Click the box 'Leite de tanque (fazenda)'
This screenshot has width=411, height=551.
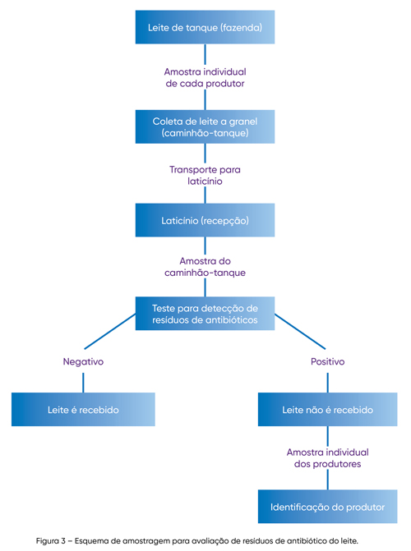(205, 27)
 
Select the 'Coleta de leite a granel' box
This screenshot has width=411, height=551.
(205, 126)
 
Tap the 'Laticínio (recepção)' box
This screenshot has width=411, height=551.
(205, 220)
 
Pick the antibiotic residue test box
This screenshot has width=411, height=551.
(205, 314)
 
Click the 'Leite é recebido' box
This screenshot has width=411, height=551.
(83, 410)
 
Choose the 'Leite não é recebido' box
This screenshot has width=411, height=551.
(328, 410)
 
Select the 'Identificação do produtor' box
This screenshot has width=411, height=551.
(328, 507)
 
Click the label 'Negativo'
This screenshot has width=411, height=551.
(83, 361)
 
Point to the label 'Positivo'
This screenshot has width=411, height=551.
(328, 361)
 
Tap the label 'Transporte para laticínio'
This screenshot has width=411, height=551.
(205, 176)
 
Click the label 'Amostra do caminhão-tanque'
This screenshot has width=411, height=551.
(205, 267)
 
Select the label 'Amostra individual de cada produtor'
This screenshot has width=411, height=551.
(205, 78)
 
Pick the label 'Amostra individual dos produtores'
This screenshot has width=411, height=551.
(328, 458)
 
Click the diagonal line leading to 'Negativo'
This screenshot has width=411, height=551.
(110, 332)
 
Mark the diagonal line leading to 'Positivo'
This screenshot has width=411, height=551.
(300, 332)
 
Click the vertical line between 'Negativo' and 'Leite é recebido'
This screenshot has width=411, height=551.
(83, 383)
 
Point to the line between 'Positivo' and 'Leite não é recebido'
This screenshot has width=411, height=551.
(328, 383)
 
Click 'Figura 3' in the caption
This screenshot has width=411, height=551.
(51, 540)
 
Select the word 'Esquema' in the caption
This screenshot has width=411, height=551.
(90, 541)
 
